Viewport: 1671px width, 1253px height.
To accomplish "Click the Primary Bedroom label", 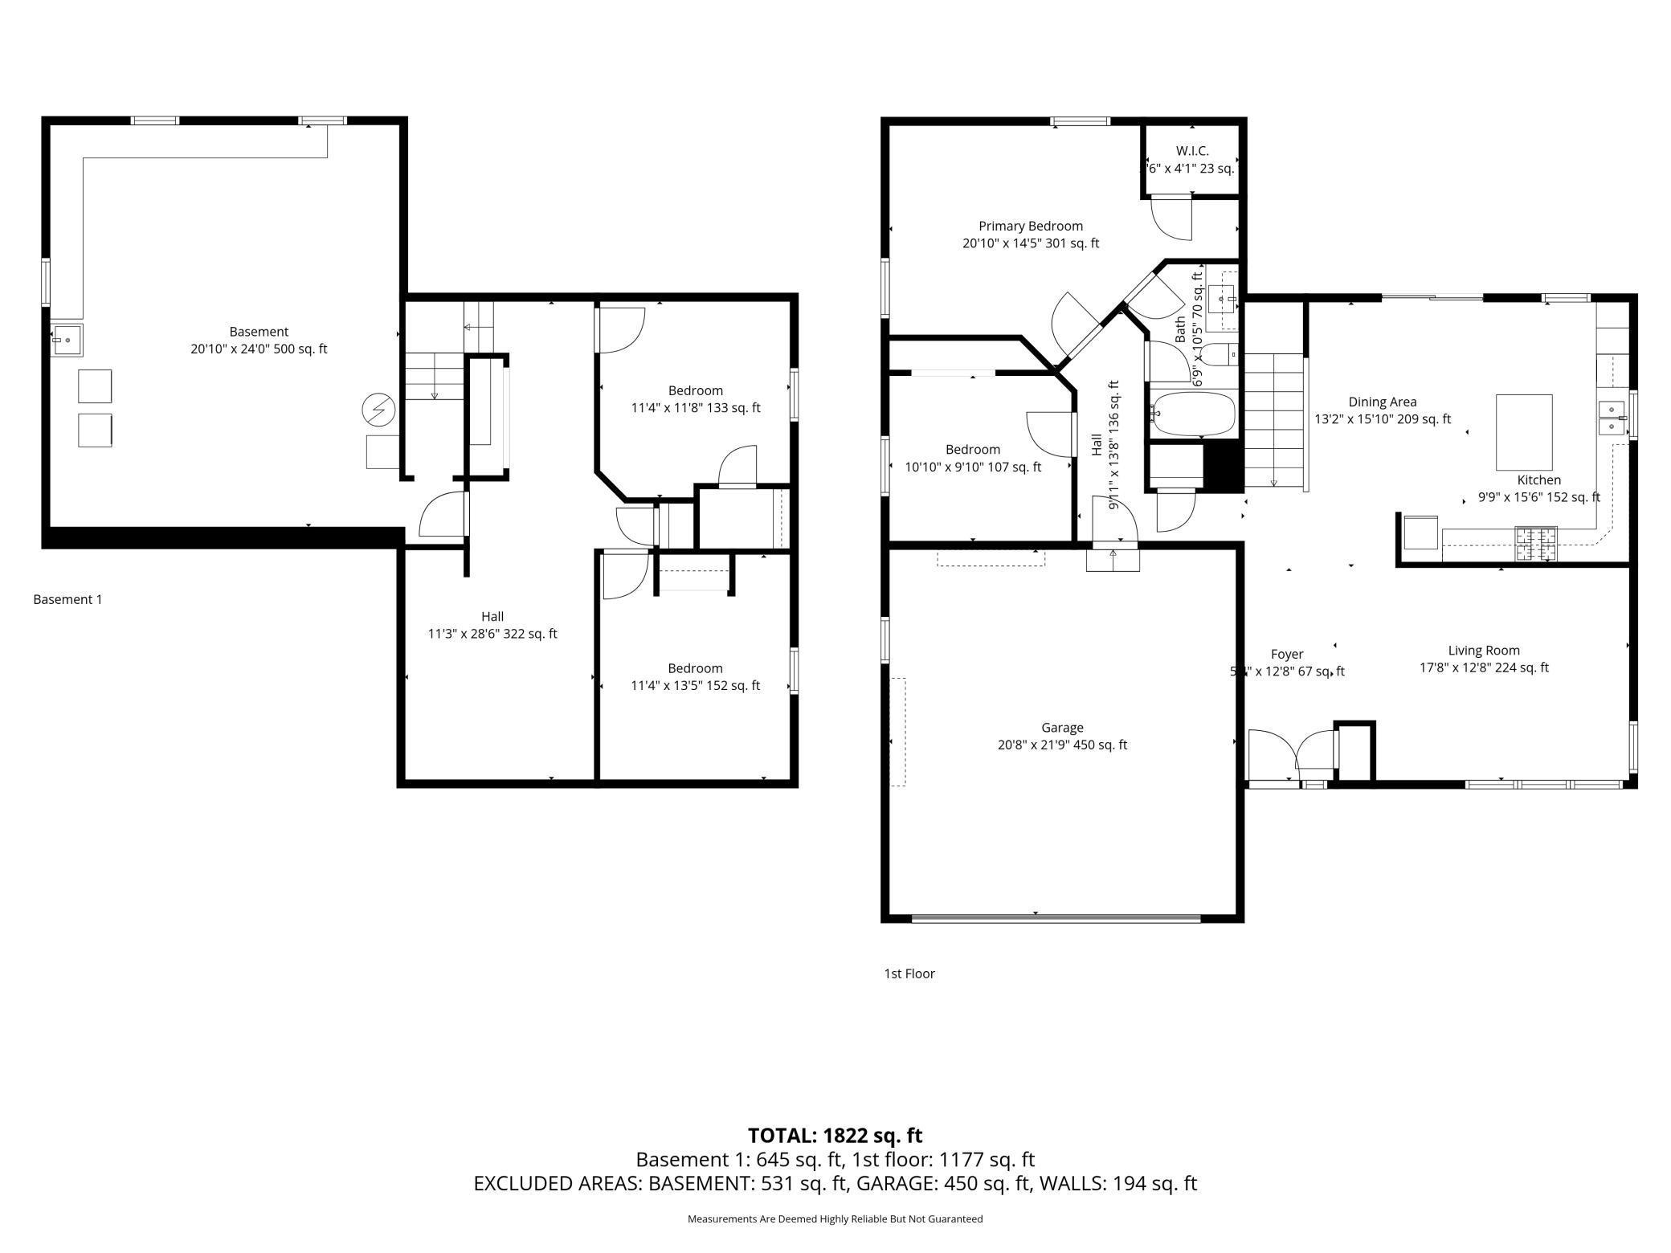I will tap(1030, 235).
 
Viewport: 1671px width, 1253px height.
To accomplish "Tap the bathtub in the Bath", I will tap(1193, 414).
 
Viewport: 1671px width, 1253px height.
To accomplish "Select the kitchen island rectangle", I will tap(1523, 432).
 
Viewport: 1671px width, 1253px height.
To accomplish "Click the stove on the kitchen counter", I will tap(1535, 544).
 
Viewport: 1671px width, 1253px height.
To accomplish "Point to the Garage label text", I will tap(1062, 736).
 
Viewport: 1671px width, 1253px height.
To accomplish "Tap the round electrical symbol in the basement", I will tap(378, 410).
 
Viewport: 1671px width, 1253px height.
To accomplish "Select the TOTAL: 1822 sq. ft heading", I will tap(835, 1135).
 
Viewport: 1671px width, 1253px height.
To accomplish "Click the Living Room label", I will tap(1483, 659).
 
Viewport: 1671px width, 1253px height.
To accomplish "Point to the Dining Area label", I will tap(1382, 410).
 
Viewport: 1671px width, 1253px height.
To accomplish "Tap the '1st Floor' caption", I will tap(909, 973).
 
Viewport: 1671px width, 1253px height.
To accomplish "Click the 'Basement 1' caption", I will tap(67, 599).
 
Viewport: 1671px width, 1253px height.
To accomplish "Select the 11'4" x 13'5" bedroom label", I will tap(695, 676).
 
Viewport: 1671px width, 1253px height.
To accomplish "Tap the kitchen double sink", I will tap(1611, 418).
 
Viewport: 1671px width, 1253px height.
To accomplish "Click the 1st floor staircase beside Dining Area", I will tap(1273, 422).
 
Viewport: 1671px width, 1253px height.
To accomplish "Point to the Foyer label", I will tap(1287, 663).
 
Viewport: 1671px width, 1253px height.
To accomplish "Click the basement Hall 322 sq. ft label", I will tap(492, 625).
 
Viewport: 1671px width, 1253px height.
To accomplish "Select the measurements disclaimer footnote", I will tap(835, 1218).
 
